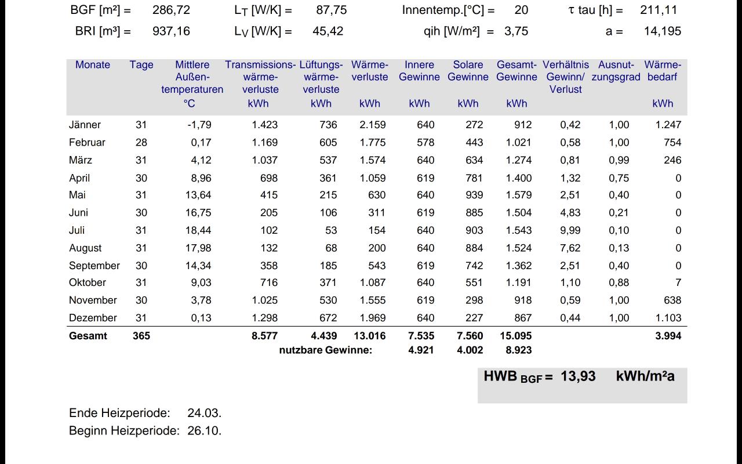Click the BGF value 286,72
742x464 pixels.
coord(171,10)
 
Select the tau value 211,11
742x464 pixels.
coord(659,10)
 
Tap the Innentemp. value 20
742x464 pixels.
coord(521,10)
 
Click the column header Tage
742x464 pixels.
coord(141,65)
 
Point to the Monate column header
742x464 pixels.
coord(92,64)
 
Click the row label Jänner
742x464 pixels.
coord(85,125)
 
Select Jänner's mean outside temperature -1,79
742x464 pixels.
coord(199,125)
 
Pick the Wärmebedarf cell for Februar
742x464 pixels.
coord(672,143)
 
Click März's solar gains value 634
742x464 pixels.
coord(474,160)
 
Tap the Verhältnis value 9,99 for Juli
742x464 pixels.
coord(570,230)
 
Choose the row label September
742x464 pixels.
coord(94,266)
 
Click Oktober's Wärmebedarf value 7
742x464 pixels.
coord(678,282)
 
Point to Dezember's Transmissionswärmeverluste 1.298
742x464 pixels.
coord(265,318)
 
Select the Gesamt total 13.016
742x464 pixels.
coord(370,336)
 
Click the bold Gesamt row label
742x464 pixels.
coord(88,336)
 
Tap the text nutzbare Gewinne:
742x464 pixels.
coord(326,350)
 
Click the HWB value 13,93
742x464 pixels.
coord(578,376)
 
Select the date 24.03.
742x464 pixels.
coord(205,414)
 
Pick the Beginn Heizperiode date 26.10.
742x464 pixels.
coord(205,431)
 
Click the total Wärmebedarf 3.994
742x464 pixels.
coord(668,336)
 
